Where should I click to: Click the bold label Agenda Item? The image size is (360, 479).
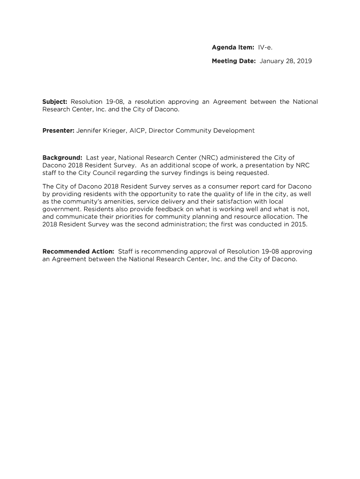pyautogui.click(x=233, y=47)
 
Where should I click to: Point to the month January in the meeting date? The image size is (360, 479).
pyautogui.click(x=274, y=61)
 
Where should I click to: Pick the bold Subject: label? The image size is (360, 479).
pyautogui.click(x=55, y=102)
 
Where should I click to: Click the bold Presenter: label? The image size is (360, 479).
pyautogui.click(x=58, y=131)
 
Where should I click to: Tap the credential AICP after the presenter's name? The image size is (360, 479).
pyautogui.click(x=137, y=131)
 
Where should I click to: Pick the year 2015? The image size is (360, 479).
pyautogui.click(x=299, y=224)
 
